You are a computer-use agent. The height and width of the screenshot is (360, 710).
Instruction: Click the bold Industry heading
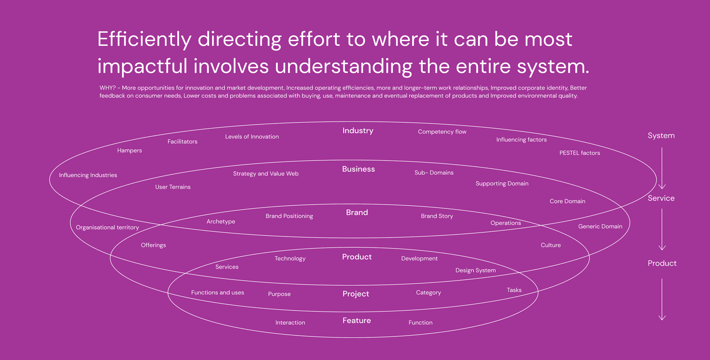click(358, 131)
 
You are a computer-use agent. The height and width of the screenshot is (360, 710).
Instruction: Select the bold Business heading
click(358, 169)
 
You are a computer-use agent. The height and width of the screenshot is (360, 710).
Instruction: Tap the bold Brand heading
click(357, 213)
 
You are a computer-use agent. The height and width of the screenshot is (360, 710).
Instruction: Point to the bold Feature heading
click(356, 320)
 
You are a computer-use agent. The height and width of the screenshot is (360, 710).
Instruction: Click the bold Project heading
click(356, 294)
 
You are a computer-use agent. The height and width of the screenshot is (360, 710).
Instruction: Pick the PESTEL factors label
click(579, 153)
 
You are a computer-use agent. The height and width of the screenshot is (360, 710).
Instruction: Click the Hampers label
click(129, 151)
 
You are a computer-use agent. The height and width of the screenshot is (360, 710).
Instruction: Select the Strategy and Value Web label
click(266, 174)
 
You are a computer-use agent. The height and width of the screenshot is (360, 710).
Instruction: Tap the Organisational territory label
click(107, 228)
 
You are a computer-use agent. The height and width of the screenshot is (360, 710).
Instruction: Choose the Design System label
click(475, 271)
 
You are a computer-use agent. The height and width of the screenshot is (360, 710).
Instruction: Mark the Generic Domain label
click(600, 226)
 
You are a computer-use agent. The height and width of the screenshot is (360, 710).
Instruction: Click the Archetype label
click(220, 222)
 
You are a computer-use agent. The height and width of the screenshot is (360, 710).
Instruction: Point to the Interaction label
click(290, 323)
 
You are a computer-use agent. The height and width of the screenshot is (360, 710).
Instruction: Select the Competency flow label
click(442, 132)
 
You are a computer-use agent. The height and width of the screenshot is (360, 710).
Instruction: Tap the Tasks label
click(514, 290)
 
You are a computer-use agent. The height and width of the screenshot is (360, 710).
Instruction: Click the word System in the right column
click(661, 136)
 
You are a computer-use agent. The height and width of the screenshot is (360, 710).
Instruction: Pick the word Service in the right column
click(661, 198)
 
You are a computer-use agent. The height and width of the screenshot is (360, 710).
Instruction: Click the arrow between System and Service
click(662, 168)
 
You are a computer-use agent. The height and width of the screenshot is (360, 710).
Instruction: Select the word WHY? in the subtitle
click(107, 88)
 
